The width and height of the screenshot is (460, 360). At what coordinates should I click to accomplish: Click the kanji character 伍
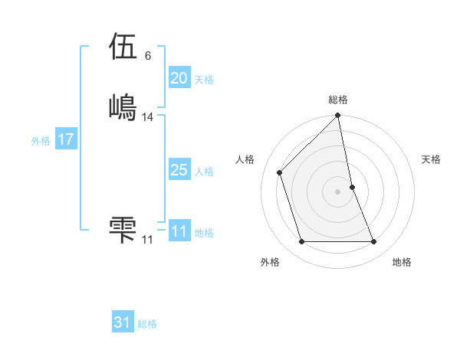(x=123, y=47)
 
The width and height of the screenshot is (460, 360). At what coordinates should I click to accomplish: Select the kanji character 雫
(x=123, y=230)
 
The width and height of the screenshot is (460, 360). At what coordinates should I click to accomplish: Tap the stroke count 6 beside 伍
(x=147, y=56)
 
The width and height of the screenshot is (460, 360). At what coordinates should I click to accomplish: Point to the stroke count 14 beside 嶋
(x=148, y=117)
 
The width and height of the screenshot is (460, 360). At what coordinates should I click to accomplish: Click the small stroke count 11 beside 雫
(x=148, y=240)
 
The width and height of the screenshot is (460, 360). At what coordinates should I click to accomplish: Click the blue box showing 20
(x=179, y=78)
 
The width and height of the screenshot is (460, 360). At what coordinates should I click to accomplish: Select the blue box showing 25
(x=179, y=170)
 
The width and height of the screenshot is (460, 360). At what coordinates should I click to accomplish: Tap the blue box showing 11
(x=179, y=231)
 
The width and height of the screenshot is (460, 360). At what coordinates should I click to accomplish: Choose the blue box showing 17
(x=65, y=139)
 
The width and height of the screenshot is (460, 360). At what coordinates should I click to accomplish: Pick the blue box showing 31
(x=123, y=323)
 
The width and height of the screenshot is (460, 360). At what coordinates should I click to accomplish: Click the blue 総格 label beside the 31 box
(x=148, y=324)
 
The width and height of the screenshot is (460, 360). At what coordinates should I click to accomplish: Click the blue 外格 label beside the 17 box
(x=41, y=141)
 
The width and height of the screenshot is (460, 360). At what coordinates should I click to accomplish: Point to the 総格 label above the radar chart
(x=338, y=100)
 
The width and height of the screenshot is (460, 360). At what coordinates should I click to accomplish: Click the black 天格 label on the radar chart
(x=432, y=159)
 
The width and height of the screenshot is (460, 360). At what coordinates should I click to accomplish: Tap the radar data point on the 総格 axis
(x=338, y=116)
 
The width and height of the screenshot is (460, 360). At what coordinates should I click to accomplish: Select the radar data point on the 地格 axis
(x=374, y=242)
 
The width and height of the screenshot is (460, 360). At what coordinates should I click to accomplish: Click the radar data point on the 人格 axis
(x=280, y=172)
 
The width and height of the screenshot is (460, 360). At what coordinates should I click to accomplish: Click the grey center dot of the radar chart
(x=338, y=191)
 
